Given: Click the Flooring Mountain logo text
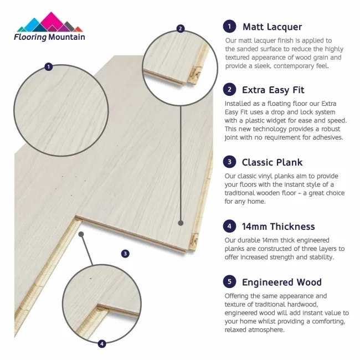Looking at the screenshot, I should point(50,37).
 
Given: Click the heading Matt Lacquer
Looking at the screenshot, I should point(272,27).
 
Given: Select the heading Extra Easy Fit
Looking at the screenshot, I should point(273,90).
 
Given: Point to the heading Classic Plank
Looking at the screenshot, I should point(272,162).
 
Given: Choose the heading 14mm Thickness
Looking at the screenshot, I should point(278,226).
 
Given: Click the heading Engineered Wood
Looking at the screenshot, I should point(281,282).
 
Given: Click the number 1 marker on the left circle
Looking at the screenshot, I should point(49,67).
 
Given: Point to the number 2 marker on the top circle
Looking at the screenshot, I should point(180,28).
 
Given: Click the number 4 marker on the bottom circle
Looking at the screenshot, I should point(101,344).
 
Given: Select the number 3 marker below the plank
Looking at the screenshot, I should point(125,254).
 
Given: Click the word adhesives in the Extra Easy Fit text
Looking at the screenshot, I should point(327,137).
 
